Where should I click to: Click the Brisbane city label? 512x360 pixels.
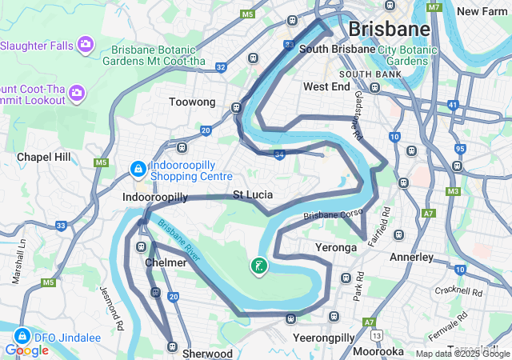(x=389, y=30)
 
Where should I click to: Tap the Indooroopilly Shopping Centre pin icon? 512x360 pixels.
(x=138, y=170)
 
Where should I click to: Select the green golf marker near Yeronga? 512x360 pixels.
(x=259, y=266)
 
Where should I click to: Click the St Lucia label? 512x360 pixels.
(x=253, y=194)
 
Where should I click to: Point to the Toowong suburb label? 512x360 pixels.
(x=193, y=102)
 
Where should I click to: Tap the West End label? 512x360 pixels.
(x=326, y=86)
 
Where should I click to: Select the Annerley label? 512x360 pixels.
(x=411, y=258)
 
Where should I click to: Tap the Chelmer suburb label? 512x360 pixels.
(x=166, y=262)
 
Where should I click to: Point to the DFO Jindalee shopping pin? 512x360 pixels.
(x=22, y=336)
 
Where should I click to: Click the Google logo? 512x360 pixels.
(x=26, y=350)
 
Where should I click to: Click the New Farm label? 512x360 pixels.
(x=482, y=11)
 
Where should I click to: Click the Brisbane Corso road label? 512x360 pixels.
(x=333, y=216)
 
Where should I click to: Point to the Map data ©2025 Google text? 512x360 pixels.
(x=462, y=354)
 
